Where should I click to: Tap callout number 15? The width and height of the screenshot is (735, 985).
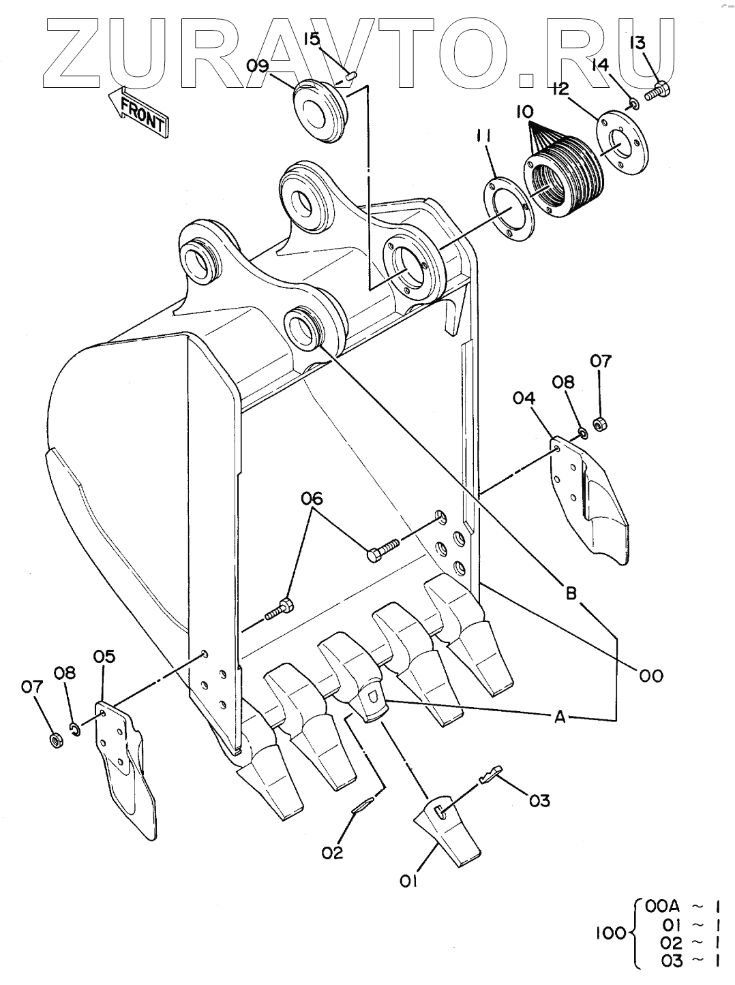(x=312, y=38)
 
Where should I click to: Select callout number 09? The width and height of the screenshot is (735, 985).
(x=258, y=66)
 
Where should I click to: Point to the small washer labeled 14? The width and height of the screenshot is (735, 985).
(x=633, y=105)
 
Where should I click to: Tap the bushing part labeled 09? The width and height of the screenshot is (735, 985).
(x=322, y=110)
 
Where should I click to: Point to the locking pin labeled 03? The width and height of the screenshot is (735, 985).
(x=491, y=774)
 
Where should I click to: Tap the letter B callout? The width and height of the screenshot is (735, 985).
(x=571, y=594)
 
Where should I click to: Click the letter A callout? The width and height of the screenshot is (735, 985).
(x=560, y=719)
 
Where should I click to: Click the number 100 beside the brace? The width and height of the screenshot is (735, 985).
(x=611, y=934)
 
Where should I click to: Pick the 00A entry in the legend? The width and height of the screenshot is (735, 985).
(x=663, y=907)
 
